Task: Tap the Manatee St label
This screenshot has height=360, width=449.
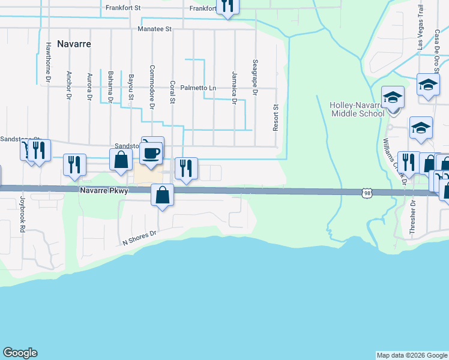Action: point(154,28)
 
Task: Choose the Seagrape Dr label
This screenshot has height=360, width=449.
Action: point(255,77)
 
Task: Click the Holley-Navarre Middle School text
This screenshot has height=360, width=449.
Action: point(357,109)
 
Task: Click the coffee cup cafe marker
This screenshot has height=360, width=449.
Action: point(151,152)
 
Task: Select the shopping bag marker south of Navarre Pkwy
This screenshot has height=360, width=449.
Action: point(162,195)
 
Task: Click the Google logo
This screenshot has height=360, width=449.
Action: point(20,353)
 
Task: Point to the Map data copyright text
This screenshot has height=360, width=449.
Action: point(411,355)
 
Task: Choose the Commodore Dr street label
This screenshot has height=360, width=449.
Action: point(152,87)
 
